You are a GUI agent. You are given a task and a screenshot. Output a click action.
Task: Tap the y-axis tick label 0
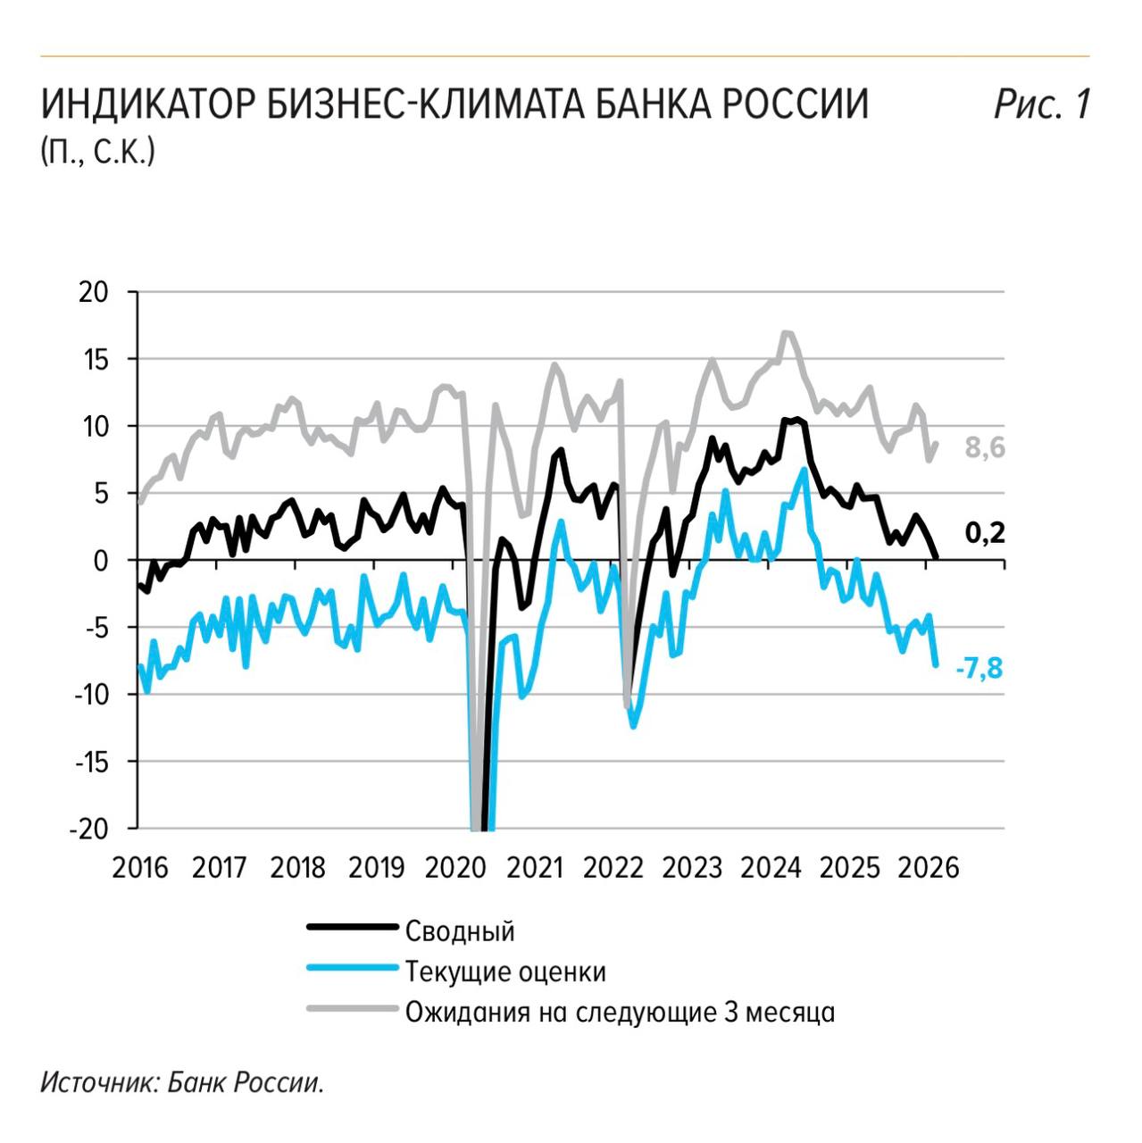point(100,561)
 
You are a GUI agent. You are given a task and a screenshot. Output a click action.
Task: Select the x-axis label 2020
point(454,867)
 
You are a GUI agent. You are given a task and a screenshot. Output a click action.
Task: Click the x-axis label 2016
point(140,867)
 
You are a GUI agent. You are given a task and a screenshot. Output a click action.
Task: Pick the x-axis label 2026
point(928,867)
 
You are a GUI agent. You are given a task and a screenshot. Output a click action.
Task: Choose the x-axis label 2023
point(691,867)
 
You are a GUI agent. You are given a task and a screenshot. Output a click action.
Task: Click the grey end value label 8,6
point(984,447)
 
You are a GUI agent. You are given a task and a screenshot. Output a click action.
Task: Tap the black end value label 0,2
point(984,533)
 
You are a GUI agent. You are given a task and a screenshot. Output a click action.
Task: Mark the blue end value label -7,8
point(979,668)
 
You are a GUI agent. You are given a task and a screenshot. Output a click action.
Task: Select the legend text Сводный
point(460,930)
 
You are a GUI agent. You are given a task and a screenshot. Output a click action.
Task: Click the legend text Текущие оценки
point(505,971)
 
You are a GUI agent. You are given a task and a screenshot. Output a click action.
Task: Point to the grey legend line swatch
point(351,1010)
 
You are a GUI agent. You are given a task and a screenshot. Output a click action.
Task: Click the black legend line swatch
point(351,927)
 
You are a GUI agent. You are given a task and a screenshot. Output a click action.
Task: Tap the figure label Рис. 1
point(1042,104)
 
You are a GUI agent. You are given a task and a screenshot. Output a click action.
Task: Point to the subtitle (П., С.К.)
point(97,151)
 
